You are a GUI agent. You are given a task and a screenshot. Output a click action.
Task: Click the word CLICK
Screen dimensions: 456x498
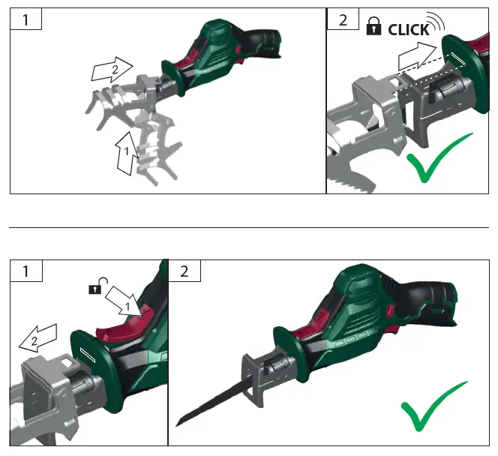tap(409, 29)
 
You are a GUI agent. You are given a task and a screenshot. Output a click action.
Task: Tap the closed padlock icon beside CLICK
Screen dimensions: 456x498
tap(373, 28)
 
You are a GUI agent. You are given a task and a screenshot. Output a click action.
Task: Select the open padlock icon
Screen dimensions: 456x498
tap(97, 285)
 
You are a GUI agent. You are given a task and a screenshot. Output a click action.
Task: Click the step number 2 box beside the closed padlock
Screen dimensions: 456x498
tap(343, 19)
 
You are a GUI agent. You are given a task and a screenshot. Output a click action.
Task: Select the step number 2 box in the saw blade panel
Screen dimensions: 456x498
tap(184, 271)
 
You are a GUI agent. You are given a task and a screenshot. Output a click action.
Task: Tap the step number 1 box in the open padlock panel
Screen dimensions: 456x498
tap(26, 271)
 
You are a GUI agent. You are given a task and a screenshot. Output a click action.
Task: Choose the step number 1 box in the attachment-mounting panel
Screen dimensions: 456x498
tap(26, 19)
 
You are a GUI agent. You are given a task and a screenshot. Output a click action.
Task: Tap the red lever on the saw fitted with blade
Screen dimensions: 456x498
tap(306, 334)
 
